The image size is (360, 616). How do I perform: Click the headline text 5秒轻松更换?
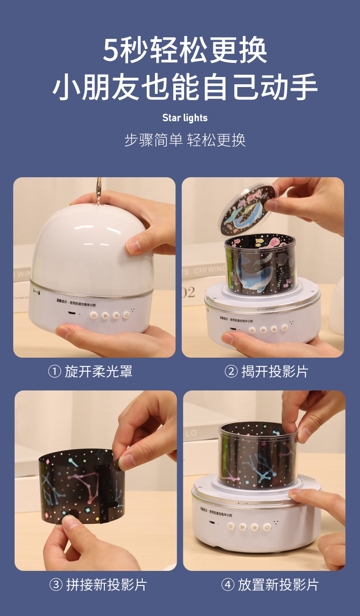pyautogui.click(x=185, y=50)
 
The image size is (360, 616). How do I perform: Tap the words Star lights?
pyautogui.click(x=185, y=118)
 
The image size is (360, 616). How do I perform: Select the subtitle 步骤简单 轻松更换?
pyautogui.click(x=185, y=140)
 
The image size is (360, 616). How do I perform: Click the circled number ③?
pyautogui.click(x=56, y=585)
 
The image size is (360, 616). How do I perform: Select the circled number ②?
pyautogui.click(x=231, y=371)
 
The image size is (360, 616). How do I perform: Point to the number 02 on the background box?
pyautogui.click(x=188, y=292)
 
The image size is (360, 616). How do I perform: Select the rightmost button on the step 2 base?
pyautogui.click(x=284, y=328)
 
